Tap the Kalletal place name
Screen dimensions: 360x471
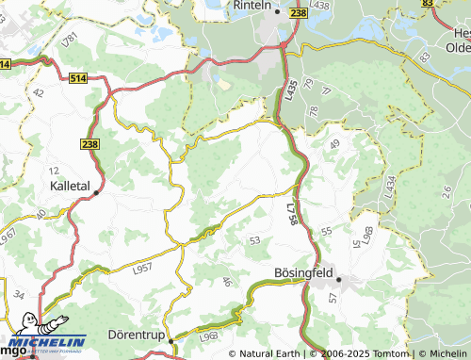(69, 187)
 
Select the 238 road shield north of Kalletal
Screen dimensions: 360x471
(89, 143)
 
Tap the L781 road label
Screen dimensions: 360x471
(68, 42)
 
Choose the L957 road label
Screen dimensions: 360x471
(143, 269)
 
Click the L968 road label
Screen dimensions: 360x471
(209, 334)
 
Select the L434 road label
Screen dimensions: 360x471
(388, 187)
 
